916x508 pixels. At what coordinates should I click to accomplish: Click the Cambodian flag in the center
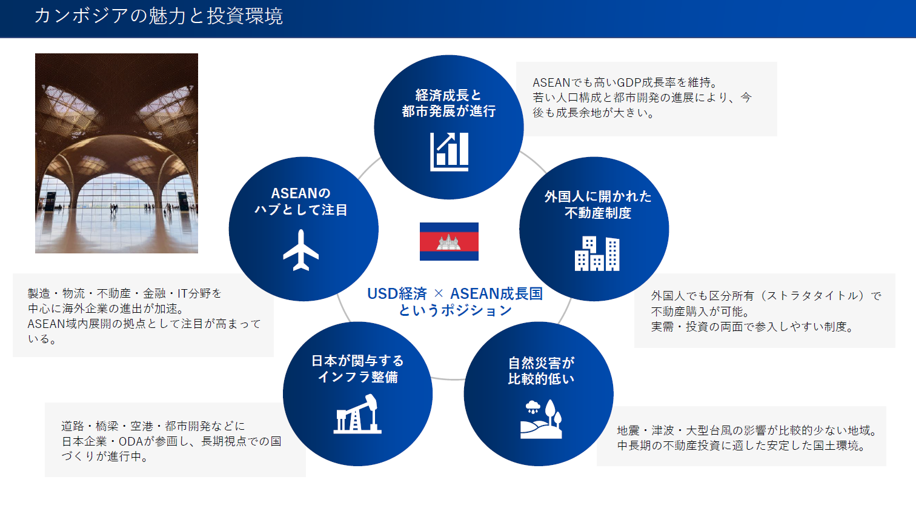tap(449, 241)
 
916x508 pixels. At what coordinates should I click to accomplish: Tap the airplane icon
tap(301, 250)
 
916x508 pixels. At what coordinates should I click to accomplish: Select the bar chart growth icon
tap(449, 152)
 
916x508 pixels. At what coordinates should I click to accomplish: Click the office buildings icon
tap(597, 253)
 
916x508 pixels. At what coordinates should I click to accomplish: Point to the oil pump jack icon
tap(357, 413)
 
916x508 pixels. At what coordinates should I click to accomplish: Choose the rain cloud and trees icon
tap(541, 419)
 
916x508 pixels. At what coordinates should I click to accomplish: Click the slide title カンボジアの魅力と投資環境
tap(159, 16)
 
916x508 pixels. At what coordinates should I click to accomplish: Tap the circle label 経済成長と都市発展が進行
tap(448, 103)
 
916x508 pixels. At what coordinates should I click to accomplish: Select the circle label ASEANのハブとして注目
tap(301, 201)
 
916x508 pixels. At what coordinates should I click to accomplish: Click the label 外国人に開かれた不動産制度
tap(598, 205)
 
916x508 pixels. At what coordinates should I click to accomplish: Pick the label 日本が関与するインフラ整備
tap(358, 369)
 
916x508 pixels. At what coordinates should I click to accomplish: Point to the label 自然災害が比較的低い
tap(541, 371)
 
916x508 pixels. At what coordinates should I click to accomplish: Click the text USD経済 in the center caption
tap(397, 293)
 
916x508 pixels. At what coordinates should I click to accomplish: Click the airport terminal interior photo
tap(116, 153)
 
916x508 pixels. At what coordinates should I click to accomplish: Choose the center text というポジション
tap(455, 310)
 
